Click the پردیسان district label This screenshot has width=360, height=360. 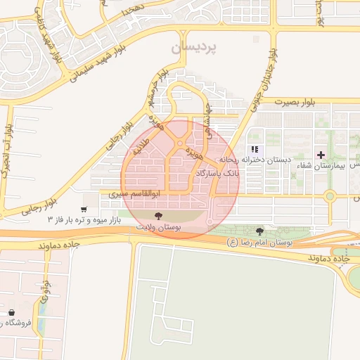(x=195, y=47)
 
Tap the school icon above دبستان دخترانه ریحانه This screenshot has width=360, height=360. (x=255, y=149)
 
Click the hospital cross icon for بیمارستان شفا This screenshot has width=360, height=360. (x=321, y=154)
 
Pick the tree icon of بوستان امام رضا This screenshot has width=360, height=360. (x=260, y=231)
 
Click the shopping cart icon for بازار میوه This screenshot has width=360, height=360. (x=84, y=210)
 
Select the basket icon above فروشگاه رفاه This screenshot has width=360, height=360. (x=11, y=312)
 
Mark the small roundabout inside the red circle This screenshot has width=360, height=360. (x=181, y=144)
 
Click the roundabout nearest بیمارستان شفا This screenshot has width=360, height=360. (x=329, y=196)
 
